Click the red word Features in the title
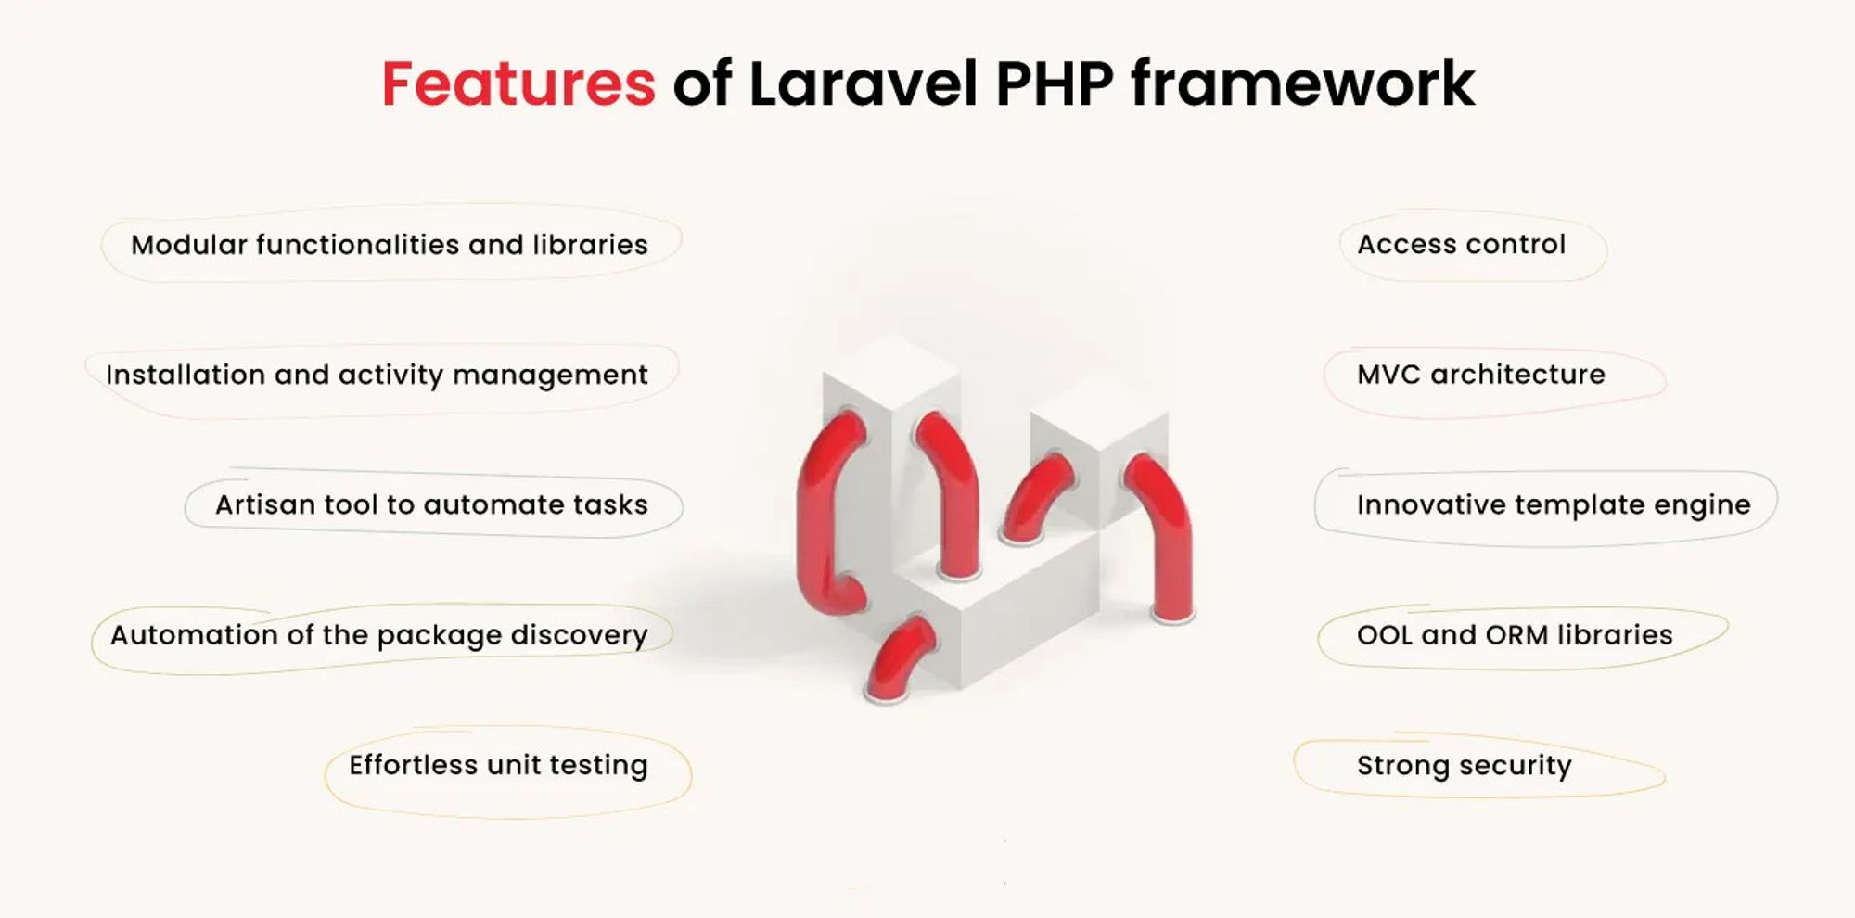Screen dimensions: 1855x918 coord(518,84)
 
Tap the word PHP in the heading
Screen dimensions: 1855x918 coord(1055,84)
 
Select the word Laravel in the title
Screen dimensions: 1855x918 coord(863,84)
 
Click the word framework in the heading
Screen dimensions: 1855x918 coord(1303,84)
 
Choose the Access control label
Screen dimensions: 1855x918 coord(1462,244)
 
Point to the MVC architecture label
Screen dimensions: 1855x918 coord(1481,374)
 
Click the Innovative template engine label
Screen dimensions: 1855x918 coord(1554,505)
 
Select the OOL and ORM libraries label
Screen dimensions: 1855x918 coord(1515,634)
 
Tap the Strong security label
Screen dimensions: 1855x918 coord(1465,766)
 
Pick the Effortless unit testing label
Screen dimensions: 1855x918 coord(498,765)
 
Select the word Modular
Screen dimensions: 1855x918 coord(189,244)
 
